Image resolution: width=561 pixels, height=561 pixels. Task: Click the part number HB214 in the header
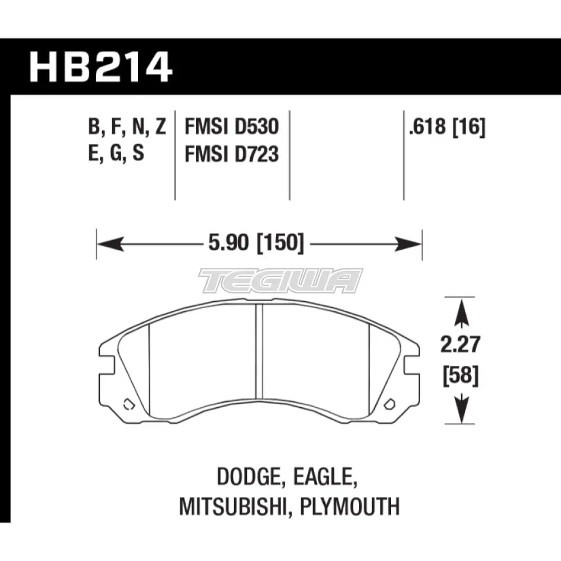tap(101, 67)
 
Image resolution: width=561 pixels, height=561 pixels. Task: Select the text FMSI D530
tap(232, 128)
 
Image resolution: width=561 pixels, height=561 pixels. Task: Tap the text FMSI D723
tap(232, 154)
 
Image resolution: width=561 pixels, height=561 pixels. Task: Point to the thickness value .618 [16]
tap(447, 128)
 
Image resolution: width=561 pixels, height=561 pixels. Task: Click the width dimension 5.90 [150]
tap(255, 243)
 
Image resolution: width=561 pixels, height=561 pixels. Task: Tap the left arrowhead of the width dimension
tap(107, 244)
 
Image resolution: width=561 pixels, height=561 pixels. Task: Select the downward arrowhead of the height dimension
tap(461, 412)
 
